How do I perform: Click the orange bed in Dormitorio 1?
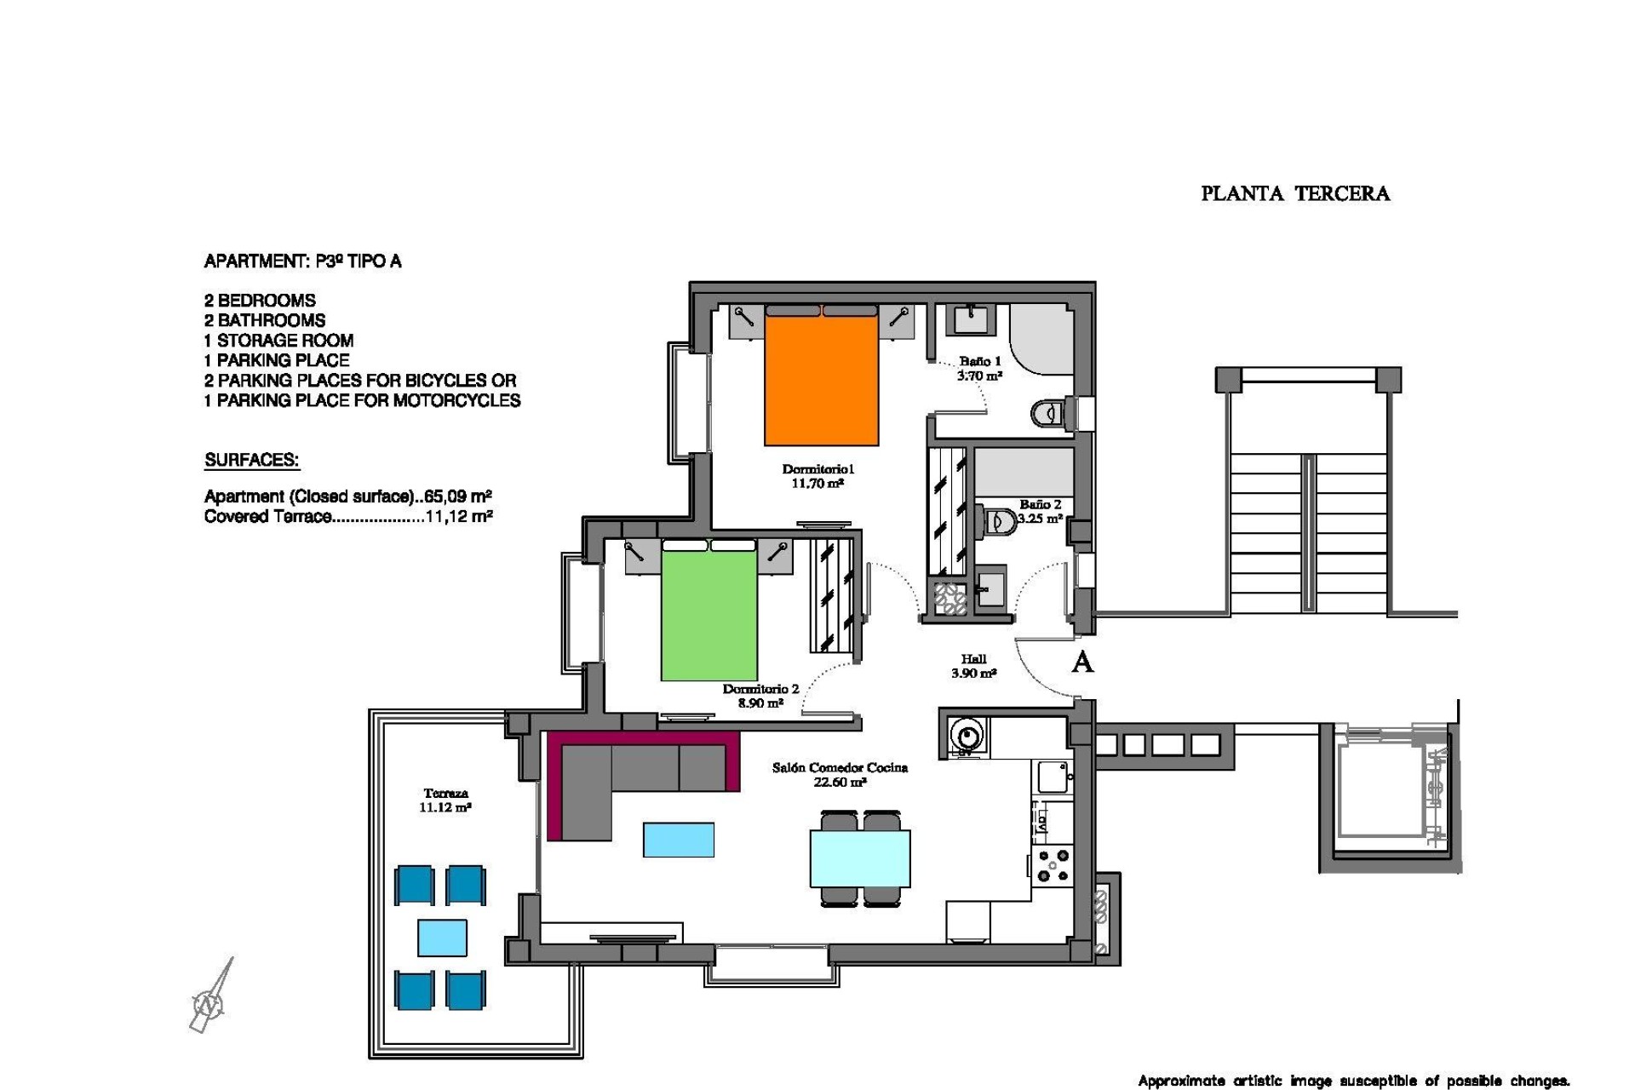[x=821, y=379]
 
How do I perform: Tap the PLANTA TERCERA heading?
[x=1294, y=194]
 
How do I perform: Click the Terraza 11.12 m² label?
[x=445, y=800]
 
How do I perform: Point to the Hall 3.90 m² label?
[x=973, y=665]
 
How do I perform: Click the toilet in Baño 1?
[x=1049, y=414]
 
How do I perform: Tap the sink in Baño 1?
[x=970, y=319]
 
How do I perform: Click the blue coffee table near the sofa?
[x=678, y=839]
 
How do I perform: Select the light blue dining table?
[x=860, y=858]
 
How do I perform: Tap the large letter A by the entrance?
[x=1081, y=662]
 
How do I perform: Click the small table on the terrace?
[x=442, y=938]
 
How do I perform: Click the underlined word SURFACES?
[x=251, y=460]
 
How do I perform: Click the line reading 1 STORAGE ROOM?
[x=278, y=340]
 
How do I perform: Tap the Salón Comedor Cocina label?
[x=840, y=774]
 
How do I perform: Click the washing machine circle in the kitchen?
[x=967, y=733]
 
